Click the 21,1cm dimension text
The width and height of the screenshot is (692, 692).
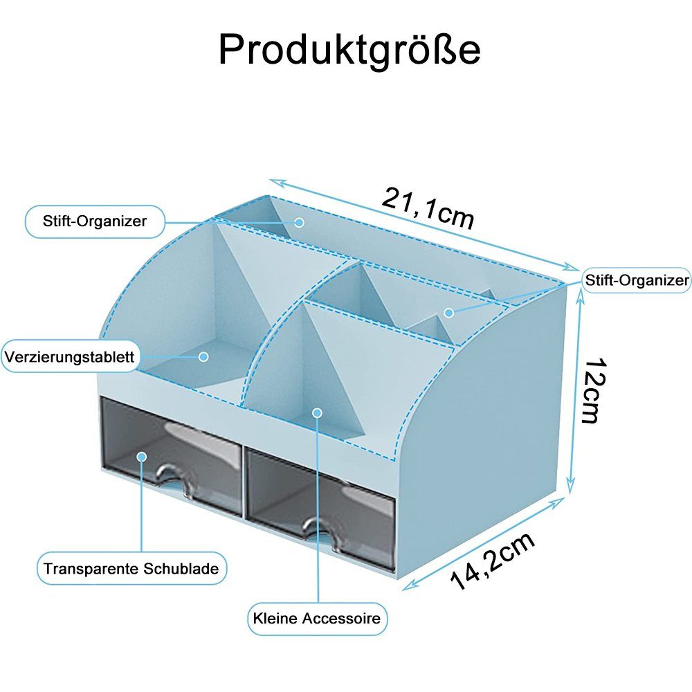tap(428, 208)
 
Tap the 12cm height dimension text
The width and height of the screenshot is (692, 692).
tap(592, 391)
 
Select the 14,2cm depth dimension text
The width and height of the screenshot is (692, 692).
tap(493, 561)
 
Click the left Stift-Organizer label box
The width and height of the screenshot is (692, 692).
tap(95, 222)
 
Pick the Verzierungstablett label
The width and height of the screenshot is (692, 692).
tap(70, 358)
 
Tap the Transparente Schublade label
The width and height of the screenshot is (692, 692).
tap(131, 570)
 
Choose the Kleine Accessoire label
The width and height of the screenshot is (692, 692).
tap(317, 618)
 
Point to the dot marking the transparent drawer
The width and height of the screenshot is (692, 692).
tap(142, 457)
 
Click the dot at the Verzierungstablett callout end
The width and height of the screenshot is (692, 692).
tap(203, 357)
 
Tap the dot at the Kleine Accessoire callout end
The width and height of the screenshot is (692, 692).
tap(318, 413)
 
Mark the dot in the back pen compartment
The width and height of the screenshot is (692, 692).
tap(300, 222)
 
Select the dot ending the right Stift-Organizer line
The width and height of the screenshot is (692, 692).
tap(448, 313)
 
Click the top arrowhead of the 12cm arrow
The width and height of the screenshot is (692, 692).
tap(572, 289)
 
